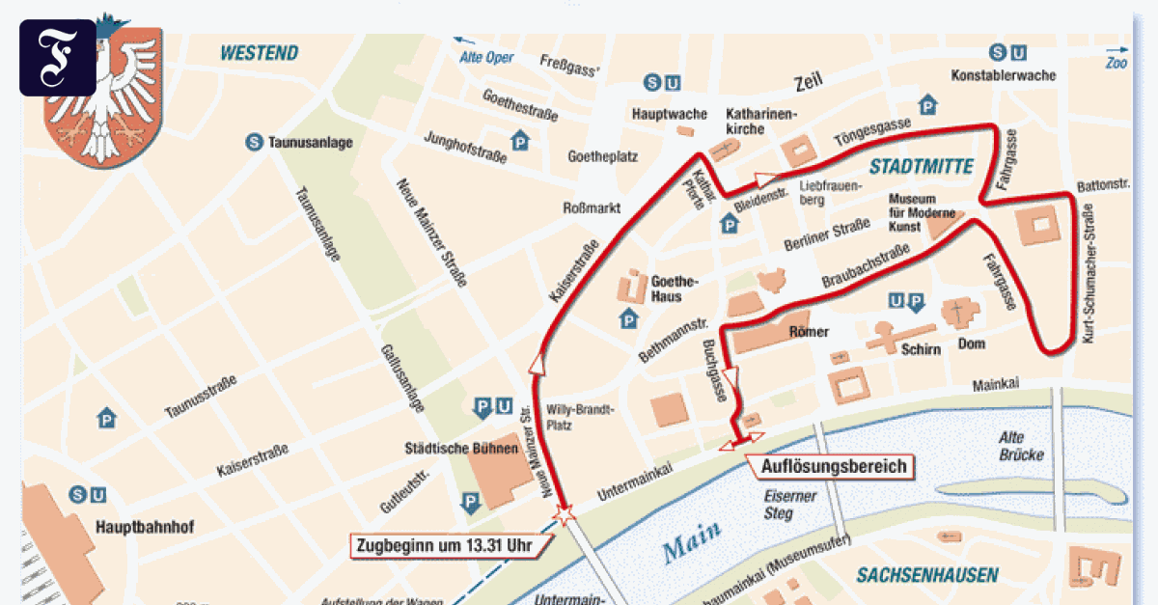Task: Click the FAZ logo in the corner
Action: (x=58, y=58)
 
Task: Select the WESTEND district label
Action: (x=259, y=53)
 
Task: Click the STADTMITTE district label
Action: (x=921, y=166)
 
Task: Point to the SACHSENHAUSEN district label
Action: (x=927, y=576)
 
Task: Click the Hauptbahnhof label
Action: (x=145, y=528)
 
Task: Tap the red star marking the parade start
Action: (x=565, y=513)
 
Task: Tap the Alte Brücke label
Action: (x=1023, y=445)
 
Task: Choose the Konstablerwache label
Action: (x=1004, y=75)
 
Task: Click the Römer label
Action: (x=809, y=332)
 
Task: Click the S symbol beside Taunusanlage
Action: (x=254, y=142)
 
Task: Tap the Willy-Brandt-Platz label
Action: (x=580, y=416)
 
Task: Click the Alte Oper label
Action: (x=486, y=58)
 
